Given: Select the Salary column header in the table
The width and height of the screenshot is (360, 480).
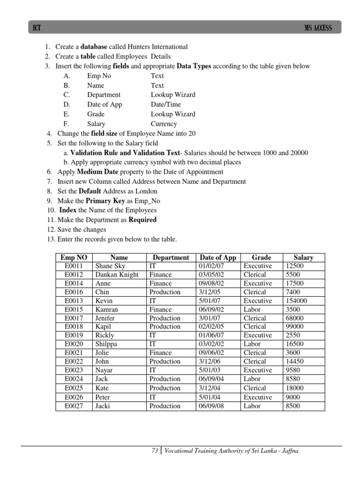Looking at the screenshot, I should pos(303,257).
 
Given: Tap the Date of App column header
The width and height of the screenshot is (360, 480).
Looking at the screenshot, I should pos(218,257).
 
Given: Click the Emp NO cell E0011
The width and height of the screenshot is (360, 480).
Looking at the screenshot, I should pos(73,266).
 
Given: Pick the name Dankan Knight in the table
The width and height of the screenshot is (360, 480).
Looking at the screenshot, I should pos(117,275).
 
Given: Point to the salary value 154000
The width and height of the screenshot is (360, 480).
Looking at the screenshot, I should pos(296,300).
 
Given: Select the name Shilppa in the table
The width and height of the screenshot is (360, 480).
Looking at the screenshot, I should pos(106,344).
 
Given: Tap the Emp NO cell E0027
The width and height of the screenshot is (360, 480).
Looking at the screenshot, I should pos(73,406).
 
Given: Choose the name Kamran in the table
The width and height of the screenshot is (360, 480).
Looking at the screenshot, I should pos(106,309).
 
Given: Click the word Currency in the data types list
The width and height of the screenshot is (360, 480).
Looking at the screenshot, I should pos(164,124).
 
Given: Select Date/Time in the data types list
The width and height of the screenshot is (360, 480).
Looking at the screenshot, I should pos(165,105).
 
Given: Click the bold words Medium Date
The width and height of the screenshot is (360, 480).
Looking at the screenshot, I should pos(97,172).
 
